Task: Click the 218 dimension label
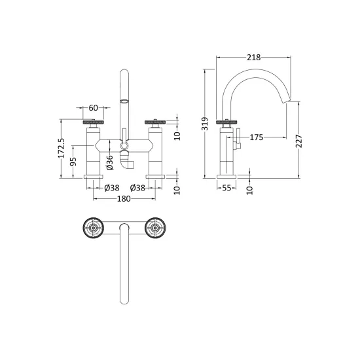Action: [x=254, y=58]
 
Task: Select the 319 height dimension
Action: [x=205, y=124]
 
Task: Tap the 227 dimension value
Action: [x=299, y=141]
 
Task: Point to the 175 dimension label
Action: [x=256, y=137]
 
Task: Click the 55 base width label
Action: [x=226, y=188]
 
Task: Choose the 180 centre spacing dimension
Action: [x=124, y=198]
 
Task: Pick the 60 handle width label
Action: [x=93, y=108]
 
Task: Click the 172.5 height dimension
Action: [x=61, y=148]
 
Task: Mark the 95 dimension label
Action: [x=73, y=162]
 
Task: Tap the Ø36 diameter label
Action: [x=110, y=162]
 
